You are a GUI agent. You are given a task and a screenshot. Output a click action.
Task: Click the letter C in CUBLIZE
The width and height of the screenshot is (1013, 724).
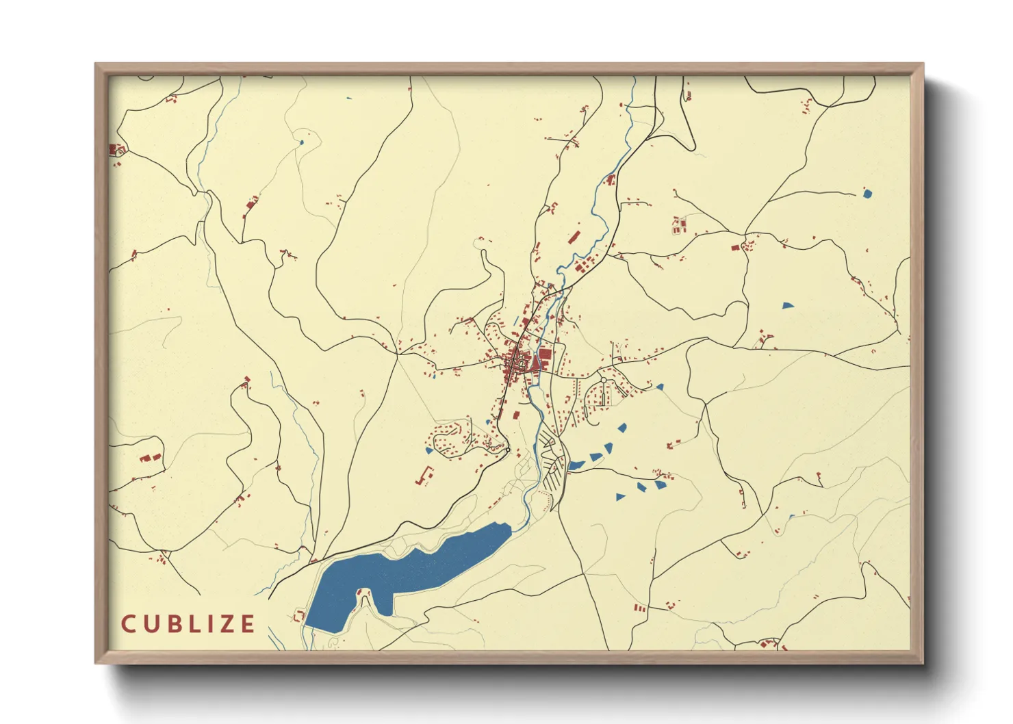tap(128, 624)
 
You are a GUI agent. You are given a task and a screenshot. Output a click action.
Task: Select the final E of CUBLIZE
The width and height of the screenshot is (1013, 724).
tap(247, 624)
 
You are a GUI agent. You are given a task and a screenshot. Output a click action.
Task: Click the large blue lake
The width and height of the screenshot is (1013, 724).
tap(411, 568)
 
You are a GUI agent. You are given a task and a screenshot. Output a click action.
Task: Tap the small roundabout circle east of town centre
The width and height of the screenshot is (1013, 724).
tap(604, 380)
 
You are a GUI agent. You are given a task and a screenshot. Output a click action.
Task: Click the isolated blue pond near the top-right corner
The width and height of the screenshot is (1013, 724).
tap(867, 194)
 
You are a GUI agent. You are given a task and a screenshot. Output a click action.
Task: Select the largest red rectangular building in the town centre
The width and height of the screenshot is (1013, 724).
tap(545, 354)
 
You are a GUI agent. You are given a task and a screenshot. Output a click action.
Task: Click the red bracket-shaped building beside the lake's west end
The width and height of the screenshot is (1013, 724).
tap(298, 617)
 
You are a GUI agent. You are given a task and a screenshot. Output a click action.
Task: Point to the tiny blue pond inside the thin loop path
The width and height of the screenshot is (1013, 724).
tap(301, 142)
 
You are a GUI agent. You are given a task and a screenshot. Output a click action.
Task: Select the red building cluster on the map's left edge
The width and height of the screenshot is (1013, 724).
tap(115, 150)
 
